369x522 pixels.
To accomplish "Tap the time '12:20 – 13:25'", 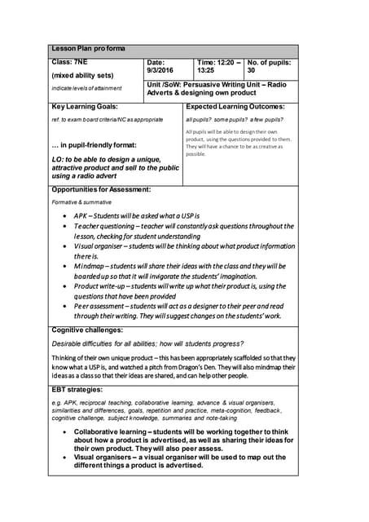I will click(x=218, y=67).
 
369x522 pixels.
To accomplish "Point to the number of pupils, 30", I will click(x=251, y=71).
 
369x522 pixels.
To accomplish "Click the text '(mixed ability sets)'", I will click(x=81, y=75).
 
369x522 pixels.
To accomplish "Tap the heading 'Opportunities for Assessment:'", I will click(x=101, y=189).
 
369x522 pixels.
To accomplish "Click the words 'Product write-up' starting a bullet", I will click(x=103, y=286).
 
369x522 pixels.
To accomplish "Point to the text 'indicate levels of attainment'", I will click(x=86, y=88).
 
